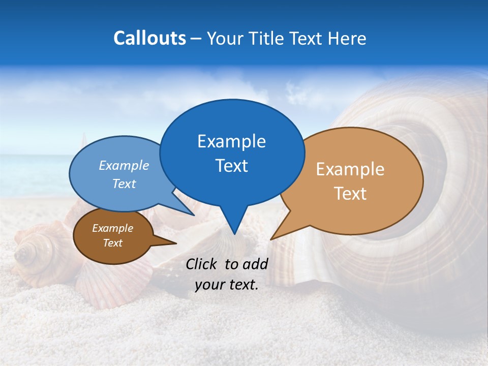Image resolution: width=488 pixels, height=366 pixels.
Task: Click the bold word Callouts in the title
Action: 149,38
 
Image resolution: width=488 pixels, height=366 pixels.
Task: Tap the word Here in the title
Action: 347,38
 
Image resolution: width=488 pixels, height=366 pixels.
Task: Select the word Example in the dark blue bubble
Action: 231,141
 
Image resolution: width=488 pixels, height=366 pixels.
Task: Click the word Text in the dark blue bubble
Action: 231,166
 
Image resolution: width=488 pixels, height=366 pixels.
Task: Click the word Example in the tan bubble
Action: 350,169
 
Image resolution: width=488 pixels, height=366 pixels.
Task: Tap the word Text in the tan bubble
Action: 350,194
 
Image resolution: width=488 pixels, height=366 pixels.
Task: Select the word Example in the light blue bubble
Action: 124,165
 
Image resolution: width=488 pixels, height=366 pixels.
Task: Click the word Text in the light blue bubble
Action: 124,184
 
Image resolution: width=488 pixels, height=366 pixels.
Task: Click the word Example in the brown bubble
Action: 112,228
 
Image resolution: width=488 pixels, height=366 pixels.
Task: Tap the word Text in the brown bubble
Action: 112,243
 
